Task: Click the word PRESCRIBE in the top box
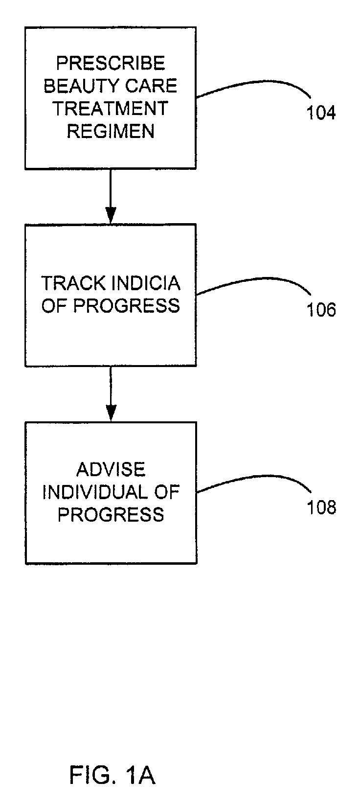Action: pos(111,63)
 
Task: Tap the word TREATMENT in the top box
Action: pos(111,108)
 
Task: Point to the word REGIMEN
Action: pos(111,131)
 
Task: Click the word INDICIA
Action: pos(146,283)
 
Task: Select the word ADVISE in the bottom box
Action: pos(111,470)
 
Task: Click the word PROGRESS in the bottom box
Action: pos(111,514)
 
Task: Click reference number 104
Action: pos(321,113)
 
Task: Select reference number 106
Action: pos(321,310)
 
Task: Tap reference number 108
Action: pos(321,507)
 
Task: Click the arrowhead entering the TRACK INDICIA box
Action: pos(111,216)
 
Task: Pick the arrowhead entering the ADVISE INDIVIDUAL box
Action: pos(111,413)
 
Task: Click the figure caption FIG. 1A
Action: pos(112,775)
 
